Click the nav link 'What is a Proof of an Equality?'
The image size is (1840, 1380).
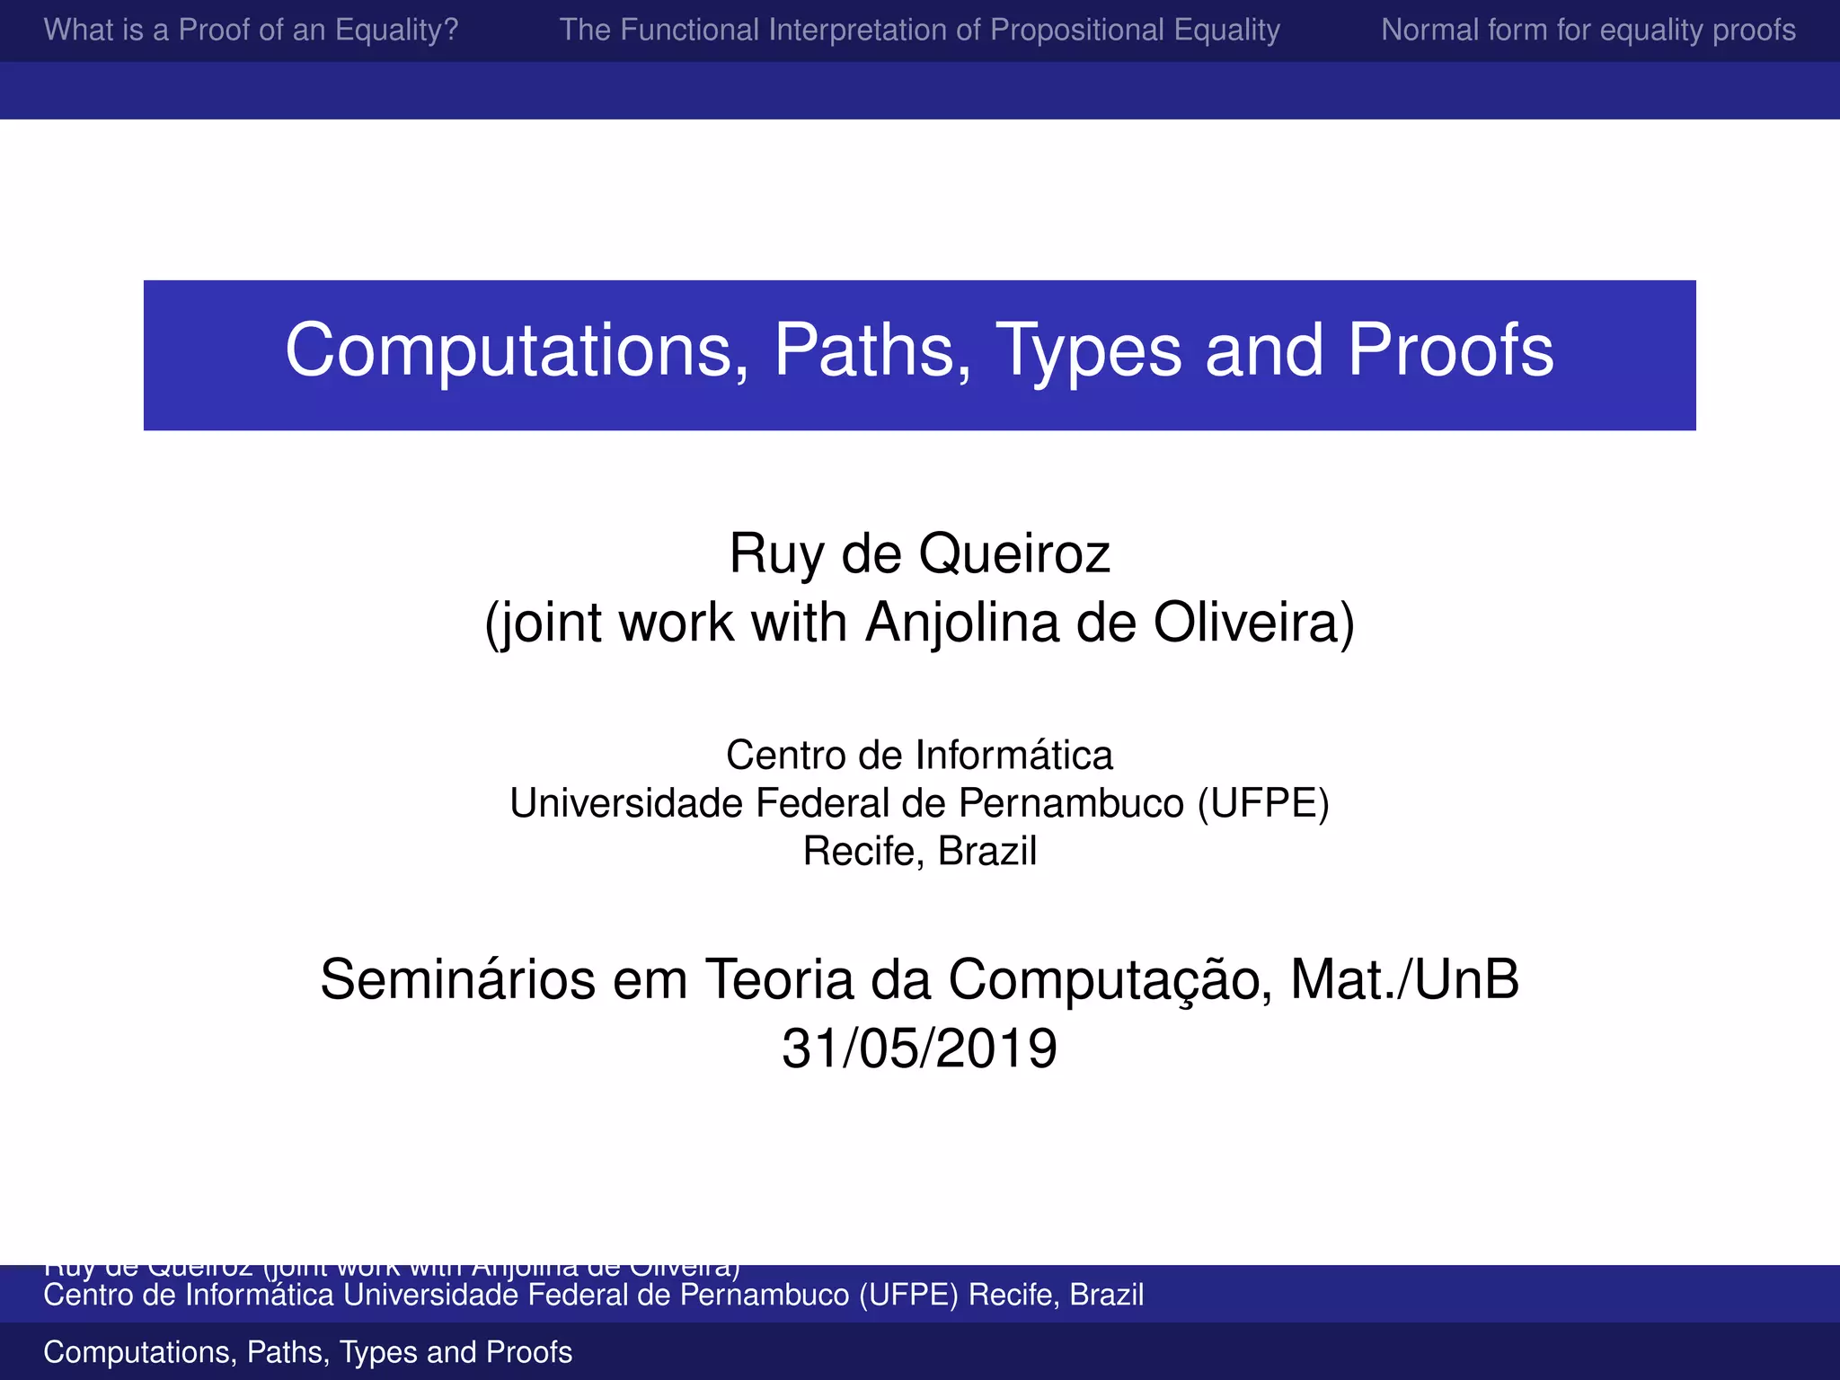tap(251, 31)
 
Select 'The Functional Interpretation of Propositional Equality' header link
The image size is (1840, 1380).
tap(919, 31)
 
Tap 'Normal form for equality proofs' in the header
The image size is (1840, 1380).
tap(1588, 31)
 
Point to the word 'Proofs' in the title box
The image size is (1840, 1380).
tap(1450, 351)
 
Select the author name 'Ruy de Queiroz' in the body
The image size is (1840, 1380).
tap(919, 553)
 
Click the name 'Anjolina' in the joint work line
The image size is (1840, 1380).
tap(961, 623)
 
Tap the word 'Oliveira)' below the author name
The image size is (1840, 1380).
tap(1253, 623)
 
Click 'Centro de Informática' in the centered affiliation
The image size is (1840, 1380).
tap(919, 756)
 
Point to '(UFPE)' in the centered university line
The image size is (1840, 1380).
tap(1262, 803)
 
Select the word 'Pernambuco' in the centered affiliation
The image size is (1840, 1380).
tap(1071, 803)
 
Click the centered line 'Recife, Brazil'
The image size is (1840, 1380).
tap(919, 851)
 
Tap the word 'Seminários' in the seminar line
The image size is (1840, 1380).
tap(457, 979)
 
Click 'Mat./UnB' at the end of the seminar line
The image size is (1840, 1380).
tap(1404, 979)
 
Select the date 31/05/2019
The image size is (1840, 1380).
tap(919, 1048)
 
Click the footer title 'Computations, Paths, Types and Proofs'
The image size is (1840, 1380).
tap(307, 1352)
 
